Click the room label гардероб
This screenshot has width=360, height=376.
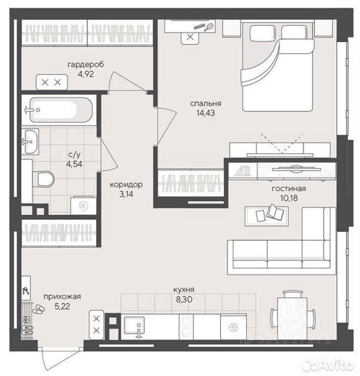86,65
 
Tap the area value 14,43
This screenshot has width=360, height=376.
205,113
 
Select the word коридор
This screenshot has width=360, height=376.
126,185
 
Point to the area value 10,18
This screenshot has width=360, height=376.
289,198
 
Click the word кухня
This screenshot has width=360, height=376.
184,289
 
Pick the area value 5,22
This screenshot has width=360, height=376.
62,307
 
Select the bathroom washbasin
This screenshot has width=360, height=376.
30,142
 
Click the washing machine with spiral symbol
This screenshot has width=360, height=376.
84,205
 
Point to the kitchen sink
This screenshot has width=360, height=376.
135,326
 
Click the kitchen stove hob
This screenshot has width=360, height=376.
186,327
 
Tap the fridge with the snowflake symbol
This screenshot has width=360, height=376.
233,327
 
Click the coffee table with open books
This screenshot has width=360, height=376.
267,216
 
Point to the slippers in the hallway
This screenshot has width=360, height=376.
38,309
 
